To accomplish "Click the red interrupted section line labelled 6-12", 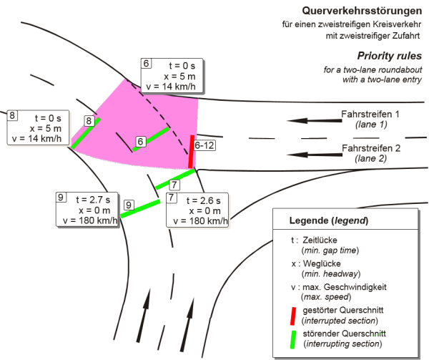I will tap(192, 152).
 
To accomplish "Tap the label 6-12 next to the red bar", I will tap(205, 145).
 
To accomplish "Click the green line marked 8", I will tap(85, 134).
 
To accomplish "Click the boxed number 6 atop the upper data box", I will tap(146, 64).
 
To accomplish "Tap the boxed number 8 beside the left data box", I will tap(13, 115).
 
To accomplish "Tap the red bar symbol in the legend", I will tap(295, 315).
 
